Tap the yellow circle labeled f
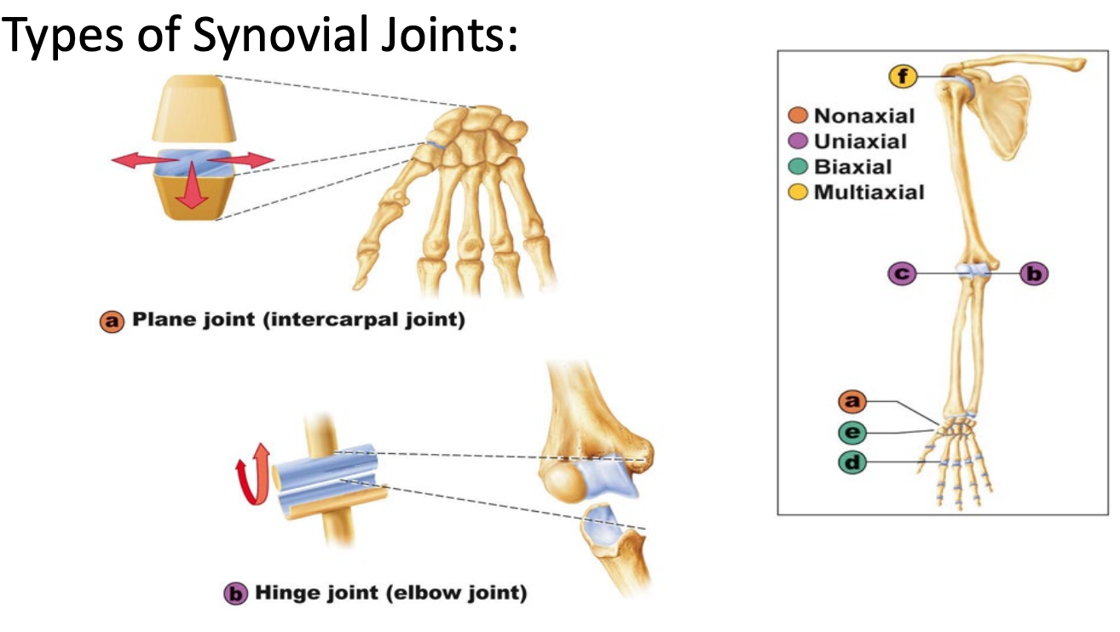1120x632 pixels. pos(903,77)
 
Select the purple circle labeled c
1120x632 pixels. pos(902,273)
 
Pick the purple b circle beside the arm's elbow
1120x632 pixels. pos(1034,273)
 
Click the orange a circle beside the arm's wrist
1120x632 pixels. pos(852,401)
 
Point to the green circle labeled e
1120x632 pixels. pos(852,432)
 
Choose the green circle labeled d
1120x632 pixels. pos(852,463)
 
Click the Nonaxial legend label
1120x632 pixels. pos(864,116)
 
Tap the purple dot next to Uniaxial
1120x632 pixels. pos(798,141)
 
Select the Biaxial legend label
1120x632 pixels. pos(853,167)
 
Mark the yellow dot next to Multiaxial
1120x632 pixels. pos(798,192)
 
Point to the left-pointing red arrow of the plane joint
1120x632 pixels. pos(145,160)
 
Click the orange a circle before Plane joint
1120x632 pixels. pos(112,321)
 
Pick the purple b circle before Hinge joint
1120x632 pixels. pos(235,594)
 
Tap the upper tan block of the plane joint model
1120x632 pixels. pos(194,108)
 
